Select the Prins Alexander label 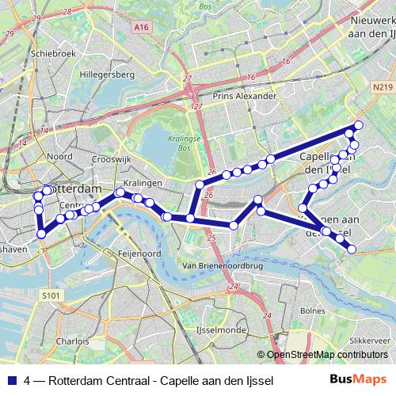point(246,96)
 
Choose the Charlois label point(73,342)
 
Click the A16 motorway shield point(142,28)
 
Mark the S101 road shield point(51,295)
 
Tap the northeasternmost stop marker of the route point(359,125)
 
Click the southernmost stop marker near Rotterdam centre point(41,234)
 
